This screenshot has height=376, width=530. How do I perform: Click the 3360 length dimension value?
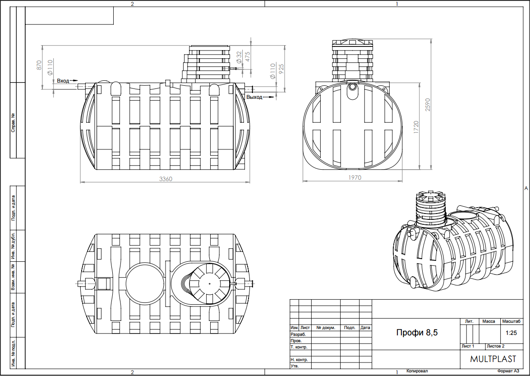(166, 179)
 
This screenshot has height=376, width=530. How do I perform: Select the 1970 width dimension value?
(354, 177)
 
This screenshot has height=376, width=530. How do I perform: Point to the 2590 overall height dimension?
(428, 105)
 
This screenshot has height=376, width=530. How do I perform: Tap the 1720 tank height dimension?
(416, 127)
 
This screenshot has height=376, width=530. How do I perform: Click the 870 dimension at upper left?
(39, 65)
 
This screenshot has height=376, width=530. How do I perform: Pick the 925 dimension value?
(281, 69)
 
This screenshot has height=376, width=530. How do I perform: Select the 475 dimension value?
(248, 56)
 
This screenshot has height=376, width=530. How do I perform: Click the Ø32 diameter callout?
(240, 57)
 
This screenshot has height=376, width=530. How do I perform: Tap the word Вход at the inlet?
(63, 81)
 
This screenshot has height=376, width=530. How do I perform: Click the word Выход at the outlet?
(254, 97)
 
